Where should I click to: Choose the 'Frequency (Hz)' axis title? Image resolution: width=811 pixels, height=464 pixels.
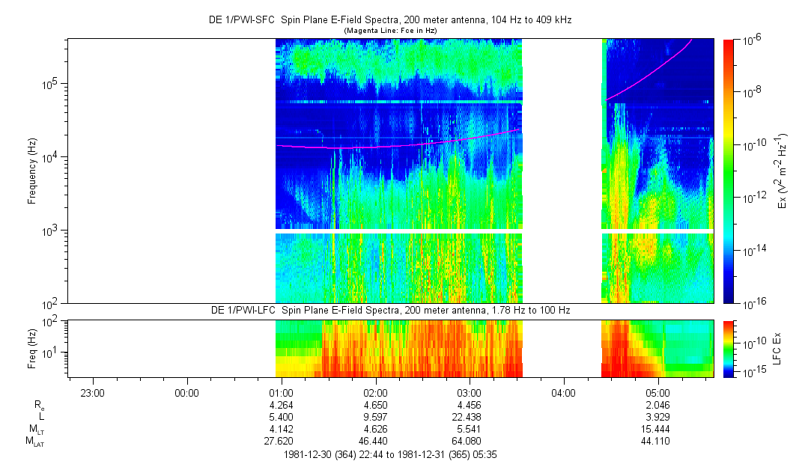(x=31, y=171)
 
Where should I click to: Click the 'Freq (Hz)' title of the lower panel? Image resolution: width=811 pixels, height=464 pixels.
(x=31, y=349)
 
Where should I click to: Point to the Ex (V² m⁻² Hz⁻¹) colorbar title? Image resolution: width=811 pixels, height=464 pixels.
(x=783, y=171)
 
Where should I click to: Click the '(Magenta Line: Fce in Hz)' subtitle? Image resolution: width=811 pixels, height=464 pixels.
(x=389, y=30)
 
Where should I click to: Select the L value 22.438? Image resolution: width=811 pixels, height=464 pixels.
(x=469, y=418)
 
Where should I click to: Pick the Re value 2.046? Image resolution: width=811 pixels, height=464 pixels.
(x=657, y=406)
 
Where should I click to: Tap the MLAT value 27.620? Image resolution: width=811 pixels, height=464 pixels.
(x=280, y=442)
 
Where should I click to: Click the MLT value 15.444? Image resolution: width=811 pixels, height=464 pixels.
(x=657, y=430)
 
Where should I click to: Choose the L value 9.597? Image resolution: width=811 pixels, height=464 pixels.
(x=374, y=418)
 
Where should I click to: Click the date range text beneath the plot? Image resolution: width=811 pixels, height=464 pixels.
(x=389, y=454)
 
